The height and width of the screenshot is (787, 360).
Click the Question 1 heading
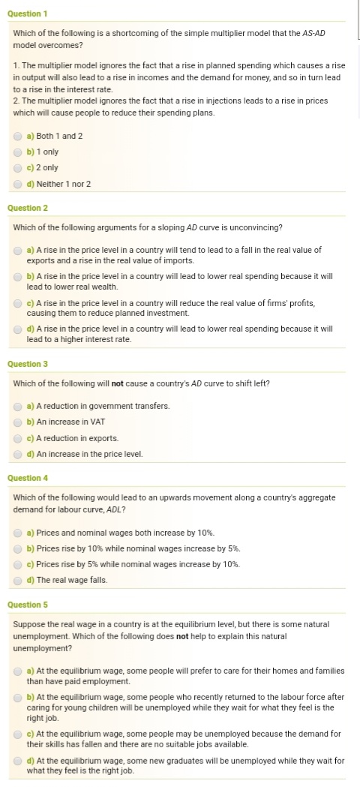[x=27, y=14]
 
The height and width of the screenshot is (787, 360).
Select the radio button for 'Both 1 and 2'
[x=18, y=136]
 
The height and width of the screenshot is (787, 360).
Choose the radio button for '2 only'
[x=18, y=167]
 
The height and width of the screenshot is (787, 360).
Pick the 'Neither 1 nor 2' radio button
[x=18, y=184]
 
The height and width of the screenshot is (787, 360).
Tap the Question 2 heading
[x=27, y=208]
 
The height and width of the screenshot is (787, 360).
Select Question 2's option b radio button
[x=18, y=277]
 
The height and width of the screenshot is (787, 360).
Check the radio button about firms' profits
[x=18, y=303]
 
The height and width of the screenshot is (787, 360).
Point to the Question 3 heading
[x=27, y=364]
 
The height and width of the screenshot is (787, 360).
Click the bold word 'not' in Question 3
[x=117, y=383]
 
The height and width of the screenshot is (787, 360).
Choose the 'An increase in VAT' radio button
[x=18, y=422]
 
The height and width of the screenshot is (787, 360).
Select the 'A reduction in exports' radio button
[x=18, y=438]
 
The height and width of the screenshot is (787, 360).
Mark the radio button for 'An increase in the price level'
[x=18, y=454]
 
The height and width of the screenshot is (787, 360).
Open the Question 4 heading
[x=27, y=478]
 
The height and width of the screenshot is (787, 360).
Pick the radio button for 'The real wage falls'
[x=18, y=580]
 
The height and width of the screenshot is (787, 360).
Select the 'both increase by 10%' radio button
[x=18, y=533]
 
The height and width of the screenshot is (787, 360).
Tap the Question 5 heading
[x=27, y=605]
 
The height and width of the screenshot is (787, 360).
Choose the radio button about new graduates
[x=18, y=760]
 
